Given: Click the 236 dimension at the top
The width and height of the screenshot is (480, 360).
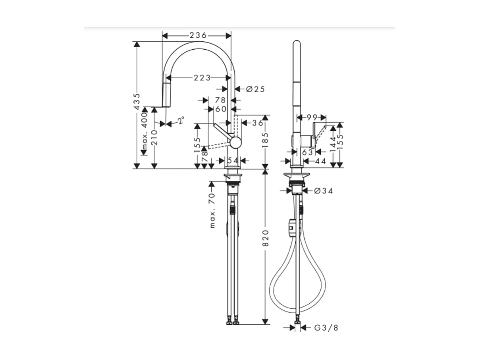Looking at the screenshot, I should (198, 35).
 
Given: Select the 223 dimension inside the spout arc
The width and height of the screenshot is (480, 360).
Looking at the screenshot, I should (202, 78).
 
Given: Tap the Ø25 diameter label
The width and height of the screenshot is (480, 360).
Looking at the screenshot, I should (255, 89).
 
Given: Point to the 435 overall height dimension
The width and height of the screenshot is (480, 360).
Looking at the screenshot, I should (137, 102).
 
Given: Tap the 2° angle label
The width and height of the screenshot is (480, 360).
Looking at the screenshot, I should (181, 120).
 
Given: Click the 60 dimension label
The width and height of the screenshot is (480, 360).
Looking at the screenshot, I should (220, 109).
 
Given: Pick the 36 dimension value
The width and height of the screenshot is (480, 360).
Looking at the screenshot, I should (257, 123).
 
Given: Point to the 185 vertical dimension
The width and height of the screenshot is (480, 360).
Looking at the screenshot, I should (266, 140).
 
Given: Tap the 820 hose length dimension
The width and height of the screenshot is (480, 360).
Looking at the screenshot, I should (266, 238).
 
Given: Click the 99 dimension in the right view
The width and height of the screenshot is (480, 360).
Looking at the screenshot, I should (312, 117).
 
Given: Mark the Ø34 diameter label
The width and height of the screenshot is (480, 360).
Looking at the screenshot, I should (323, 191).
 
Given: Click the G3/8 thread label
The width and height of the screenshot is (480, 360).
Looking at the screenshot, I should (326, 328).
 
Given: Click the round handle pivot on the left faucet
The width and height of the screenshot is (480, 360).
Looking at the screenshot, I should (235, 143).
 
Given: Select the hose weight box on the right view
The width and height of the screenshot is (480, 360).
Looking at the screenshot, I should (291, 227).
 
